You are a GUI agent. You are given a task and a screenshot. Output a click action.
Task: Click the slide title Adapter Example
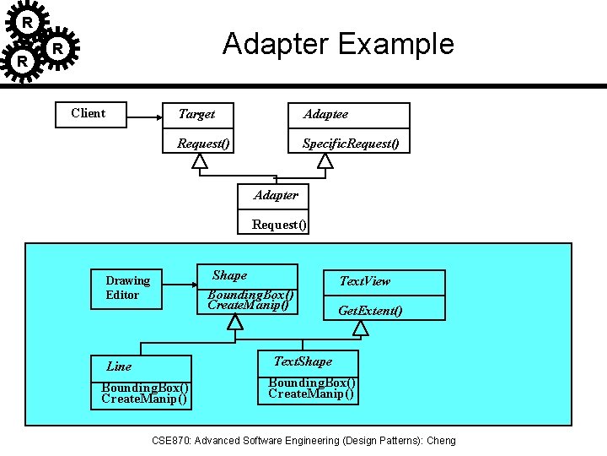coord(337,44)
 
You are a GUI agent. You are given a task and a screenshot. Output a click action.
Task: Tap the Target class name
coord(196,114)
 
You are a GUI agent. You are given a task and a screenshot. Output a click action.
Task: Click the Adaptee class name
coord(325,114)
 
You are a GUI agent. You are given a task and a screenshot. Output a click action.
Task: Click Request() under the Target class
coord(203,144)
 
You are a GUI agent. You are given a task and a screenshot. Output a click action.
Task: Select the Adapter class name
coord(276,195)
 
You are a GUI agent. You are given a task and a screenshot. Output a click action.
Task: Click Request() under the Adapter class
coord(280,225)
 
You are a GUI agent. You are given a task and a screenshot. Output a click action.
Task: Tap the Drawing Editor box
coord(127,288)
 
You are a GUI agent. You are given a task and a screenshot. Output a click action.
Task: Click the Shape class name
coord(229,275)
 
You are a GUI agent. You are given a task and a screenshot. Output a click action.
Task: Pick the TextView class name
coord(364,281)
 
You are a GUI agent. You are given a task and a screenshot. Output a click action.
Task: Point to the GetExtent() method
coord(370,311)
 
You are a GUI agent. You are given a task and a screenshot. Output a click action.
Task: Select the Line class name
coord(119,366)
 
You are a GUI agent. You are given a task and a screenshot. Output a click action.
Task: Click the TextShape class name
coord(303,361)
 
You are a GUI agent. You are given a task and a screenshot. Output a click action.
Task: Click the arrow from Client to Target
coord(145,114)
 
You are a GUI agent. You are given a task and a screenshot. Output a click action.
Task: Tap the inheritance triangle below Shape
coord(235,322)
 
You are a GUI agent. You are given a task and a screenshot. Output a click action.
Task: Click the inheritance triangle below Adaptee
coord(325,160)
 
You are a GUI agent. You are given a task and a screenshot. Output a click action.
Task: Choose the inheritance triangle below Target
coord(198,160)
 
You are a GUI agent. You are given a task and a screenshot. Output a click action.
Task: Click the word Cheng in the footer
coord(440,441)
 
